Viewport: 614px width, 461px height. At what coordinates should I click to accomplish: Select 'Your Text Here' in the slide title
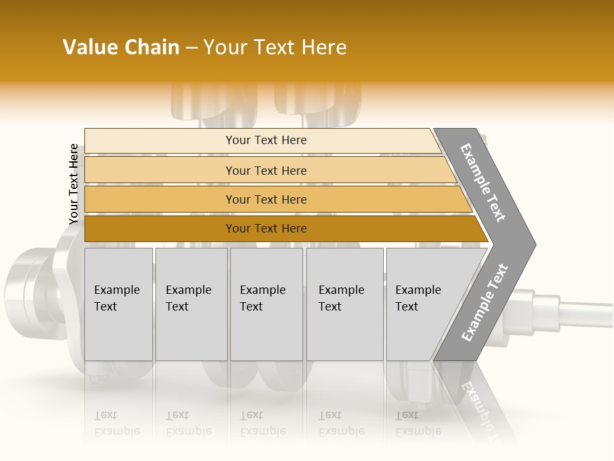click(275, 47)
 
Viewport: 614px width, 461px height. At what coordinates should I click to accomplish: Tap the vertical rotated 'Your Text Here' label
click(74, 184)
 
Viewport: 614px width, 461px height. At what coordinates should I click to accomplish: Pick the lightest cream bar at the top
click(265, 140)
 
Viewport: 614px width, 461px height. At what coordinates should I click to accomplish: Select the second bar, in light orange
click(265, 170)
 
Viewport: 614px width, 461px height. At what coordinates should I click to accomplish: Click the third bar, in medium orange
click(265, 199)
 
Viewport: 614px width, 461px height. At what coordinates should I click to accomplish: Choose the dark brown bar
click(265, 229)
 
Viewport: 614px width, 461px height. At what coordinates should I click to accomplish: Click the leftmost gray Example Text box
click(118, 304)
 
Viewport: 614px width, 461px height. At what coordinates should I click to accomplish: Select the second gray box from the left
click(191, 304)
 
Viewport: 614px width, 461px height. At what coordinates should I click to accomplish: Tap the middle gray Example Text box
click(266, 304)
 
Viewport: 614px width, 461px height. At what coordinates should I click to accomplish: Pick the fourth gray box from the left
click(344, 304)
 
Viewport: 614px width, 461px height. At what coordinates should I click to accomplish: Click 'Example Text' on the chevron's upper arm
click(483, 182)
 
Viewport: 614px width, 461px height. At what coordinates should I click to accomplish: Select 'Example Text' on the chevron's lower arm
click(485, 303)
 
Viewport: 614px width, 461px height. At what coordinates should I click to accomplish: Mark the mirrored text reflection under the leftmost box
click(117, 423)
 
